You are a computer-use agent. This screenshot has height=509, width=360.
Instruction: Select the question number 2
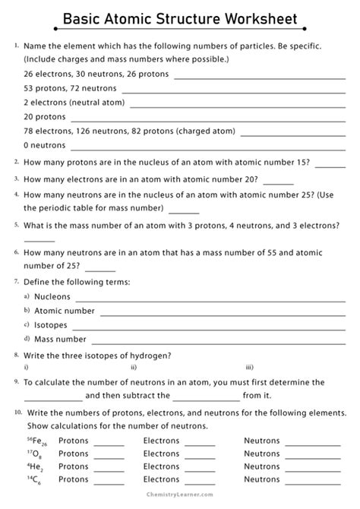coord(16,162)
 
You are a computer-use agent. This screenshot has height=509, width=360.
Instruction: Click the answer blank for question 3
coord(278,182)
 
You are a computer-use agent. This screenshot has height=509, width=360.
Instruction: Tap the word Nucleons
coord(52,296)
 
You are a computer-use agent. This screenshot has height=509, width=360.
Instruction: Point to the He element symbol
coord(35,467)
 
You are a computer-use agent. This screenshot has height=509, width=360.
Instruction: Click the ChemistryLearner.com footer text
coord(180,501)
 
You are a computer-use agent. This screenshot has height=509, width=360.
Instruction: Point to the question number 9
coord(16,381)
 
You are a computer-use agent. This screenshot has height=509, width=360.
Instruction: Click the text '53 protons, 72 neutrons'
coord(71,89)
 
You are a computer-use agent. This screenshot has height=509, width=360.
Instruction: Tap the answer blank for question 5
coord(39,239)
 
